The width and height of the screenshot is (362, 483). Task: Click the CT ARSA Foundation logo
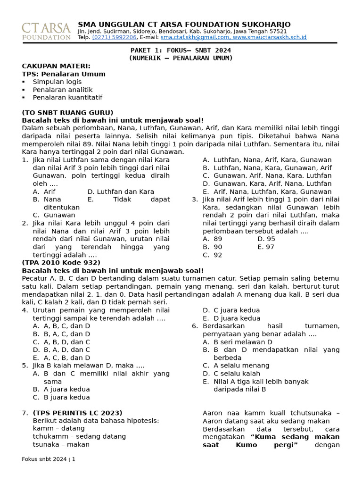(x=46, y=31)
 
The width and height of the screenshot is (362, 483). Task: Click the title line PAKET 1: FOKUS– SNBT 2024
(x=181, y=50)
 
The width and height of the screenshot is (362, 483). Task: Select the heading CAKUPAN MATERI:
(x=56, y=66)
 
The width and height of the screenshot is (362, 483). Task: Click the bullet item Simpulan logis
(x=57, y=82)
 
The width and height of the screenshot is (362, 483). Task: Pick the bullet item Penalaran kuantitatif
(x=67, y=98)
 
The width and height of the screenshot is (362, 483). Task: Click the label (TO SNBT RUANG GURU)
(x=67, y=112)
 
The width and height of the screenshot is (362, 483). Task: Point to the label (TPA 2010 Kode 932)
(x=61, y=263)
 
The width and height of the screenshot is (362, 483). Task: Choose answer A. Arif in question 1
(x=44, y=192)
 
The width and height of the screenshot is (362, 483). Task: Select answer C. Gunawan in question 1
(x=54, y=215)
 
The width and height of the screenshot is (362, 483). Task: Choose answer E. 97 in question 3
(x=266, y=247)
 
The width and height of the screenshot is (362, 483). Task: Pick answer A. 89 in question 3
(x=213, y=239)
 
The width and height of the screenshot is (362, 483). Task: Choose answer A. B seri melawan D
(x=237, y=342)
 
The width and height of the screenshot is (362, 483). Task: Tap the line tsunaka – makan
(x=61, y=444)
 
